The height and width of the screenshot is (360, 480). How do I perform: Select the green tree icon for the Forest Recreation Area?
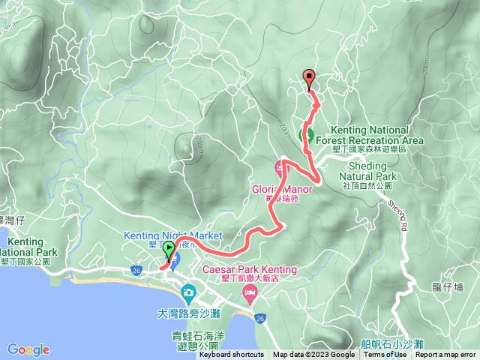[307, 135]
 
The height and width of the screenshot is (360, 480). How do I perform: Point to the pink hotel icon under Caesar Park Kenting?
[249, 290]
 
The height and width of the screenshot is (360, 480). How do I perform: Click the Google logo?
[28, 349]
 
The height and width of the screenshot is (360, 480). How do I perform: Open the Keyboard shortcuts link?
[231, 355]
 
